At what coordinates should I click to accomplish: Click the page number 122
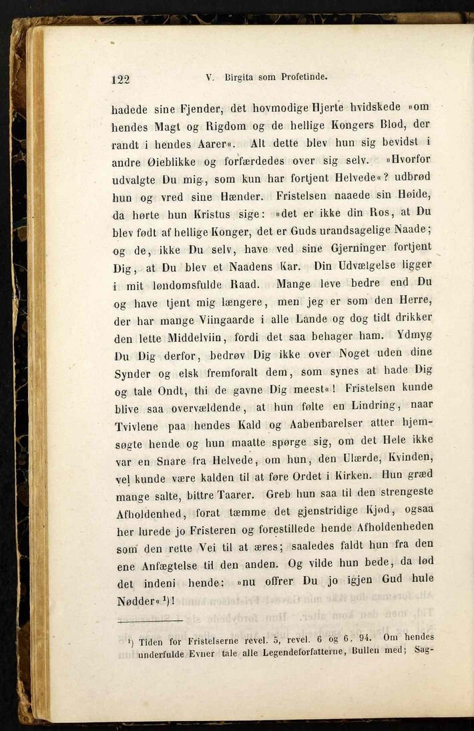(x=120, y=79)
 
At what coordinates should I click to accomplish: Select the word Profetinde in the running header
(x=303, y=77)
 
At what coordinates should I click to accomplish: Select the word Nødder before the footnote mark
(x=134, y=601)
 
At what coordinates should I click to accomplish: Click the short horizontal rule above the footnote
(x=150, y=622)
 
